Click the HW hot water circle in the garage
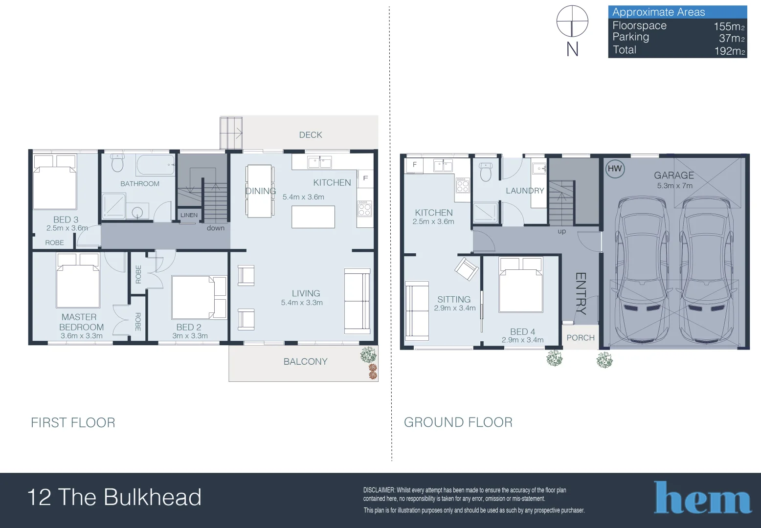(615, 169)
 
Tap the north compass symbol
(572, 22)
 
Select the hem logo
(702, 498)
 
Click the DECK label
(311, 135)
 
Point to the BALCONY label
(305, 362)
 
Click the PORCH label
(581, 338)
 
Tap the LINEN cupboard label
(189, 215)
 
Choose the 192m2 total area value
(729, 51)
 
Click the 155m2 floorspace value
(729, 26)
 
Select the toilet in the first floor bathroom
(117, 163)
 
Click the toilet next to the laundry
(486, 172)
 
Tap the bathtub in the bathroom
(156, 165)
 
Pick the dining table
(259, 191)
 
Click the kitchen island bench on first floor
(313, 217)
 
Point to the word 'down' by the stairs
(215, 228)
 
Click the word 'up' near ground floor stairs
(561, 231)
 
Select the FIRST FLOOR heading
(73, 423)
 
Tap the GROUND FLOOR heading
(458, 422)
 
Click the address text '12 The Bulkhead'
(114, 497)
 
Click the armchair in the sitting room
(466, 268)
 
